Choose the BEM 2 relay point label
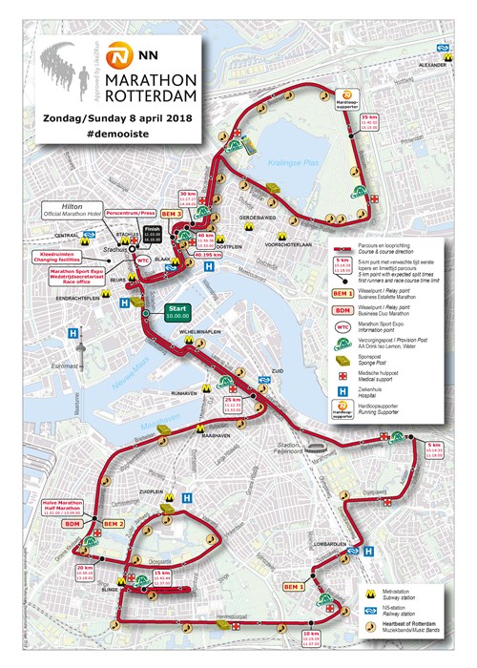click(113, 524)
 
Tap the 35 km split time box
click(368, 121)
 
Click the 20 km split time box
click(85, 572)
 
